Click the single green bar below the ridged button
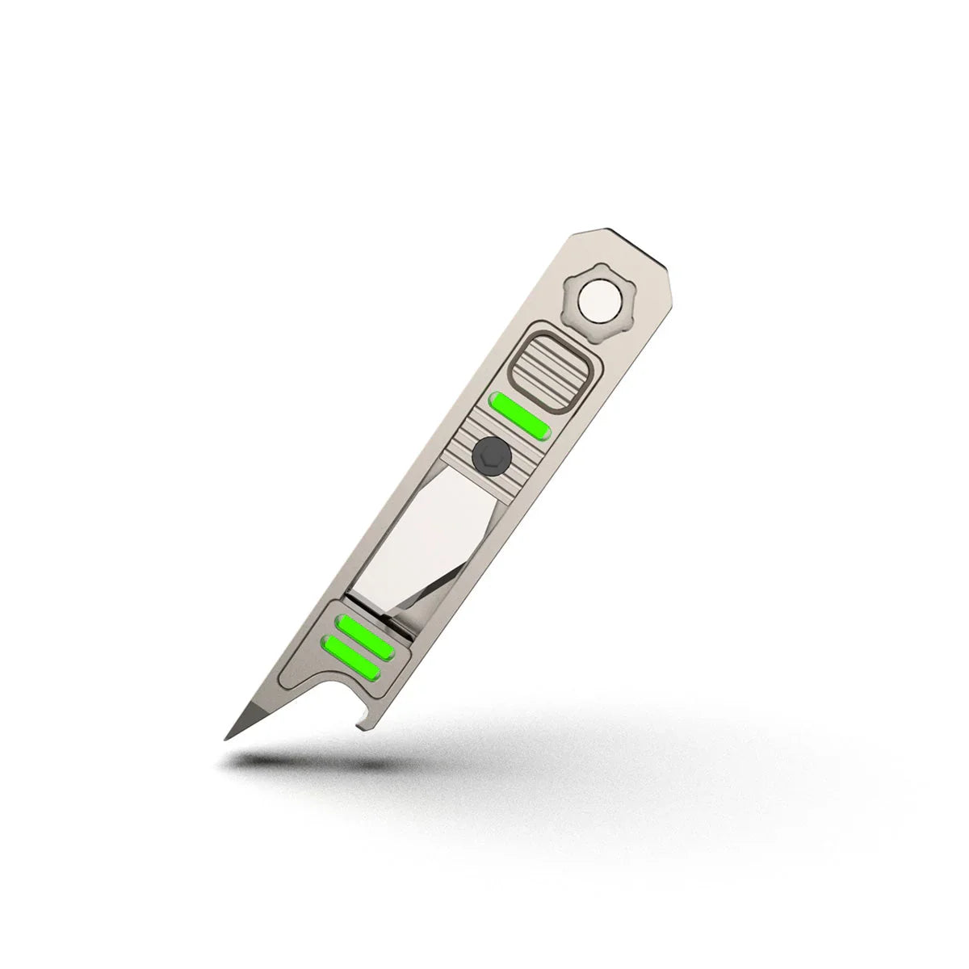click(521, 413)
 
